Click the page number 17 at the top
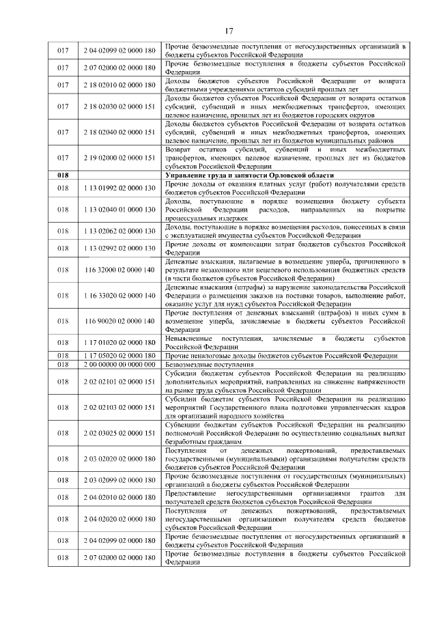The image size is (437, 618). pyautogui.click(x=229, y=30)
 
